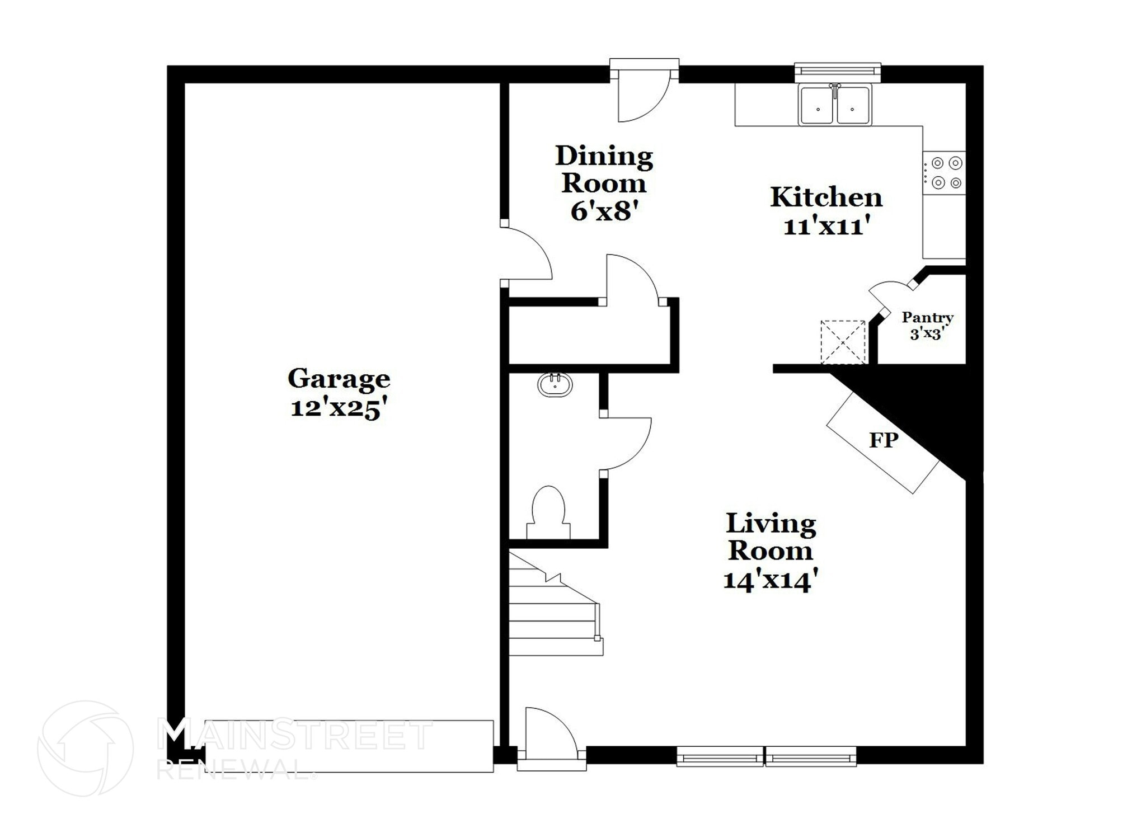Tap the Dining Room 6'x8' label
pos(604,183)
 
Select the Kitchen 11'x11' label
pos(826,211)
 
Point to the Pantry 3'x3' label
pos(927,325)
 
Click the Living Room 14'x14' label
pos(771,551)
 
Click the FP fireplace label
pos(884,440)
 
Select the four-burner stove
pos(945,173)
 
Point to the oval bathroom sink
pos(555,385)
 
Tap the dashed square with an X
pos(843,342)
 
